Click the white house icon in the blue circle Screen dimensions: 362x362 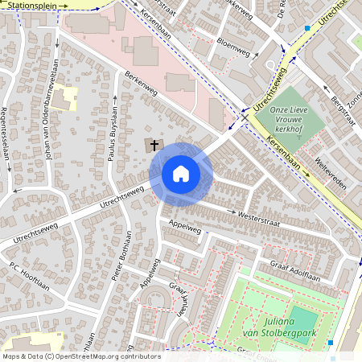click(x=181, y=174)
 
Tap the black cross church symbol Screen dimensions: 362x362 click(x=153, y=145)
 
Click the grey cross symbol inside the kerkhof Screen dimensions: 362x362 click(x=298, y=136)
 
